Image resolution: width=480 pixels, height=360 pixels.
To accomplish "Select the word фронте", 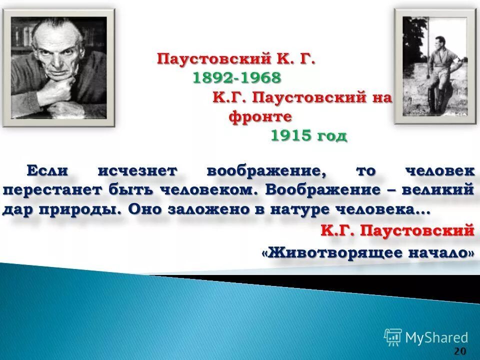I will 260,116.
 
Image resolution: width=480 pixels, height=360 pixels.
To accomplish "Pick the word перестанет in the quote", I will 50,190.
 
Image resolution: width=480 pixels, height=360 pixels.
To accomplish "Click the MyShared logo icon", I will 392,337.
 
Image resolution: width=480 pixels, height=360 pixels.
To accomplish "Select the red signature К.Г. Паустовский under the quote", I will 397,230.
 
